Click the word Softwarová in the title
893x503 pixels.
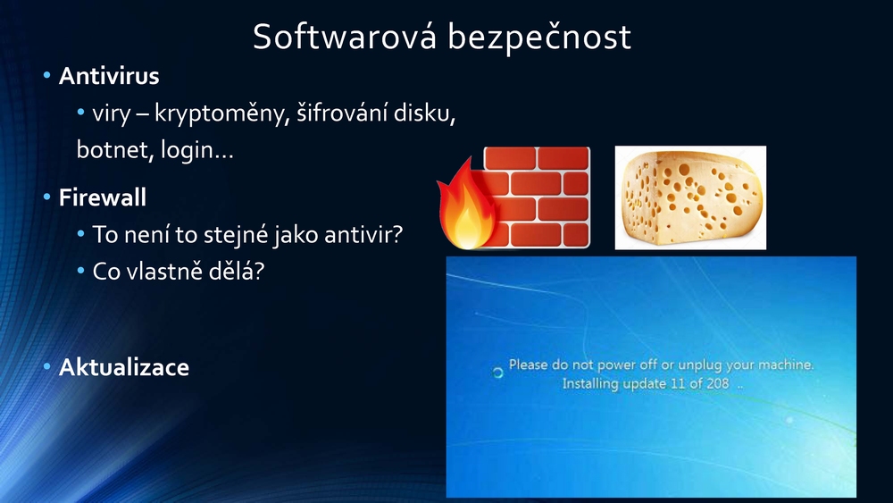345,37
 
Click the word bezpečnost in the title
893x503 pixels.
539,38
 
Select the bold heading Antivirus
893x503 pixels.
109,76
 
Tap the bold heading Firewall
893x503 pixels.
103,197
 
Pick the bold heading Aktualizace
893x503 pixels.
123,367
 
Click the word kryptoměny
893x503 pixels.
222,114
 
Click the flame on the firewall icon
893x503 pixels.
466,206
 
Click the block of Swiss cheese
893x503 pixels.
690,197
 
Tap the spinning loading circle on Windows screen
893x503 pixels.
497,373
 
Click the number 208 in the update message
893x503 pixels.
718,383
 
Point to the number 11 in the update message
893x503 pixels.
678,383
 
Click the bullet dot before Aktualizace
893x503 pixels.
46,366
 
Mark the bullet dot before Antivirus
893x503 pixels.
46,75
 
